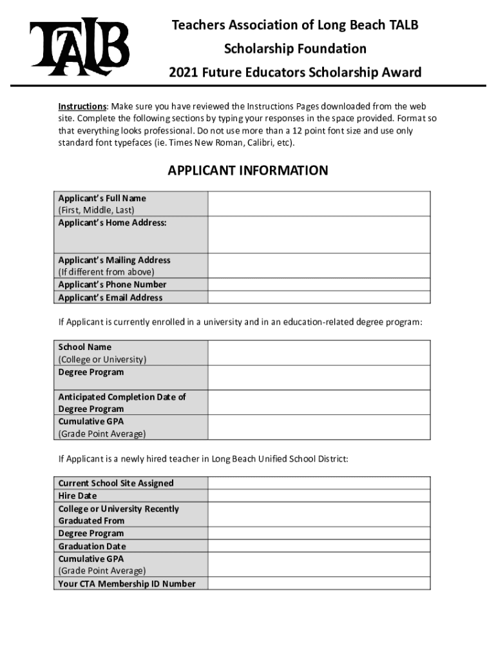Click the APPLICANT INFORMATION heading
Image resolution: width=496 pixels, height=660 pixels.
coord(248,171)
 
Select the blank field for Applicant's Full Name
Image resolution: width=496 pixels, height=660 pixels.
coord(319,204)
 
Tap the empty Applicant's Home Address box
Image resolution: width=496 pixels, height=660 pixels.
coord(319,235)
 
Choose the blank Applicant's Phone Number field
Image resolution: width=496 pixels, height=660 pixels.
coord(319,284)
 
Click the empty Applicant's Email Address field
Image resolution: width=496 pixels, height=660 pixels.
coord(319,297)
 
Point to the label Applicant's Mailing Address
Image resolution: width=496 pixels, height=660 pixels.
coord(114,260)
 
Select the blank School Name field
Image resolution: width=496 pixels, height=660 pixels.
coord(319,353)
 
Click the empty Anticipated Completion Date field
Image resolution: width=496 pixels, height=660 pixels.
coord(319,402)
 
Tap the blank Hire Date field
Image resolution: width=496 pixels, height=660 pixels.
coord(319,496)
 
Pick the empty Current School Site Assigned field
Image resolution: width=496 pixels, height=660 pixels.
coord(319,483)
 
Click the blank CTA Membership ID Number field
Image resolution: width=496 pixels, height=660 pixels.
coord(319,583)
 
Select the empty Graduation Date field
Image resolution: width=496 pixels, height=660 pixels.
coord(319,546)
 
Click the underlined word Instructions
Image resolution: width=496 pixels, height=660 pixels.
coord(82,106)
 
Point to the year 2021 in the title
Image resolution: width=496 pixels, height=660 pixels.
coord(183,72)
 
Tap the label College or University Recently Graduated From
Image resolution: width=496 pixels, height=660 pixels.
coord(119,514)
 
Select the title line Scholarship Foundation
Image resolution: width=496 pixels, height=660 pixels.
coord(295,49)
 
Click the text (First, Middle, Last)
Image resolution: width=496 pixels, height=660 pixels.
coord(97,210)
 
